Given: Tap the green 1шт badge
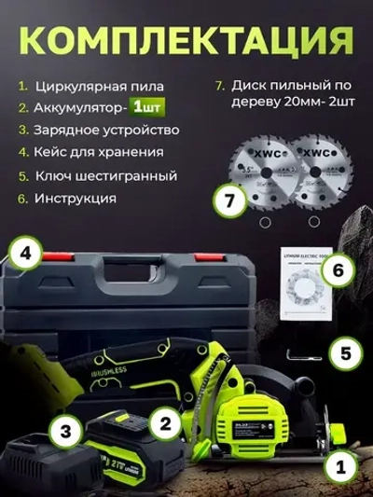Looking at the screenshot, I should pos(147,108).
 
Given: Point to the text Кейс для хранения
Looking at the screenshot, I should pos(98,152).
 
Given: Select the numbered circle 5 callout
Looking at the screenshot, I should pos(344,354).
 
